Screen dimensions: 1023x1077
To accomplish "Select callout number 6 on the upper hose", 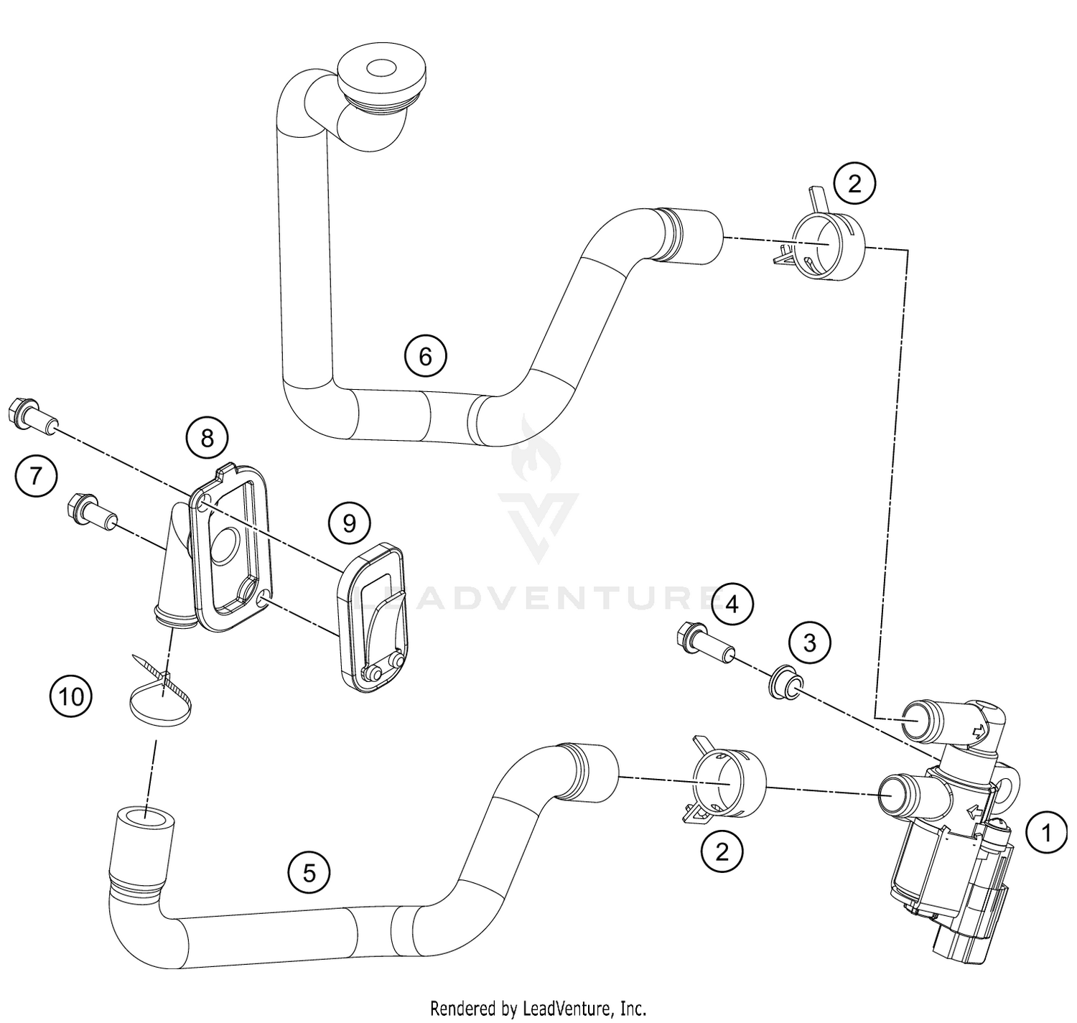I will [425, 355].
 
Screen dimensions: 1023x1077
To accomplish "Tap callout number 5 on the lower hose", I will [309, 872].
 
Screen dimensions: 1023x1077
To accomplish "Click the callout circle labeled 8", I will [207, 437].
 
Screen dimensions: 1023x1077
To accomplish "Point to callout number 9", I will [349, 523].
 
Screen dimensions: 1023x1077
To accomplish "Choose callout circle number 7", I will [35, 475].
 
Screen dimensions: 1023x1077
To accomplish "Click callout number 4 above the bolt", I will [731, 604].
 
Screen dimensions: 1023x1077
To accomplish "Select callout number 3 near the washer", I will [809, 642].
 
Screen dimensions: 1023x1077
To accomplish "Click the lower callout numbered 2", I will [722, 851].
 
